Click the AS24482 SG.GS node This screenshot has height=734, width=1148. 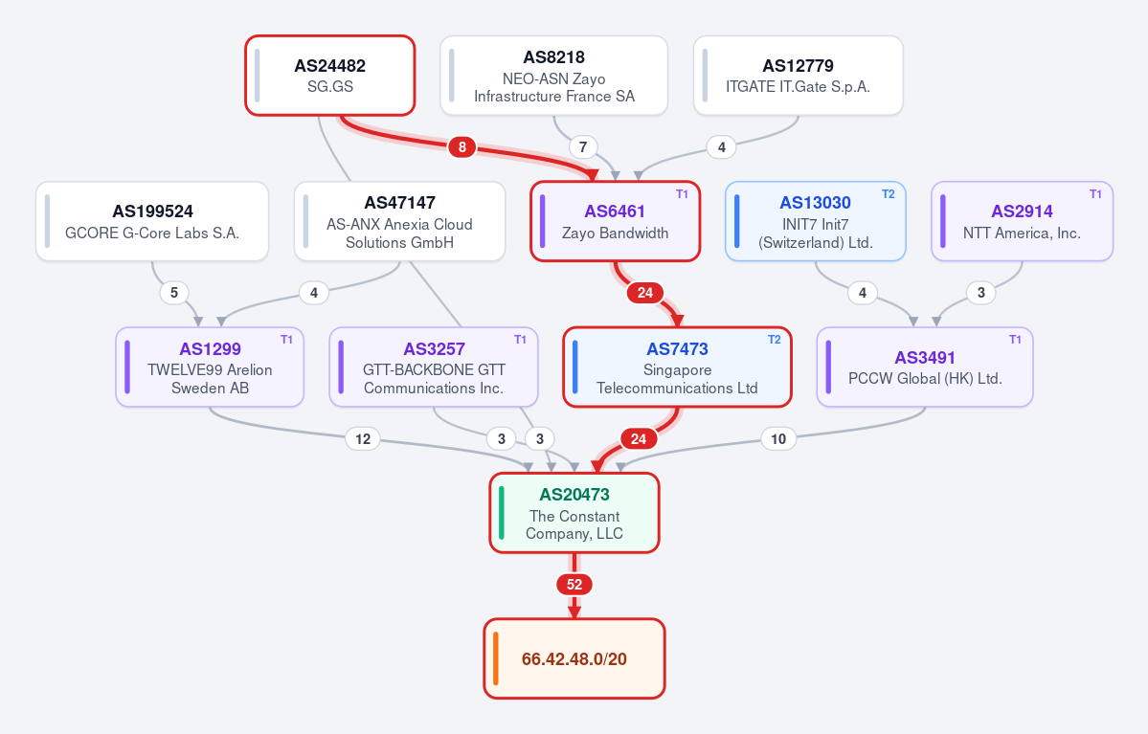coord(330,76)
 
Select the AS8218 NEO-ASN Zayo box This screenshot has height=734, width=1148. coord(553,76)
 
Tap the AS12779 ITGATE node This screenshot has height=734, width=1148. coord(798,76)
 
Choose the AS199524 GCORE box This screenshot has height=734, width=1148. coord(152,221)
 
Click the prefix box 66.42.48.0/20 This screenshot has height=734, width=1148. coord(574,658)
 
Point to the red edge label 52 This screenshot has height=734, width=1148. coord(574,585)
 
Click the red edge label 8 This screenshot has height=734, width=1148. coord(462,147)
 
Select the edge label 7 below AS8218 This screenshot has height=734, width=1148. coord(583,147)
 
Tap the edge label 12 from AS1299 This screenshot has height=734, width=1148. coord(363,439)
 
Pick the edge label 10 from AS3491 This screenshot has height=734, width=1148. coord(778,439)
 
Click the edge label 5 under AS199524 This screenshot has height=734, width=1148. coord(173,293)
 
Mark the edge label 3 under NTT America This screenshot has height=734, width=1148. coord(981,293)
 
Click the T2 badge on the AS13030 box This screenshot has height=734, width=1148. coord(889,194)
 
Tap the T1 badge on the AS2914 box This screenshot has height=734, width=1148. coord(1095,194)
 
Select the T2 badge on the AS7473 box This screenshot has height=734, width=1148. coord(774,340)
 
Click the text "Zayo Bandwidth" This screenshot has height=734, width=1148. coord(615,233)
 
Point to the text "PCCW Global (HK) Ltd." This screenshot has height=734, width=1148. coord(925,378)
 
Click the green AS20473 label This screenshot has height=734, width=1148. coord(574,495)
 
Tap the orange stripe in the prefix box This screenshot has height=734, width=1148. coord(496,658)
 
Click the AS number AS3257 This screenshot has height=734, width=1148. coord(434,349)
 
